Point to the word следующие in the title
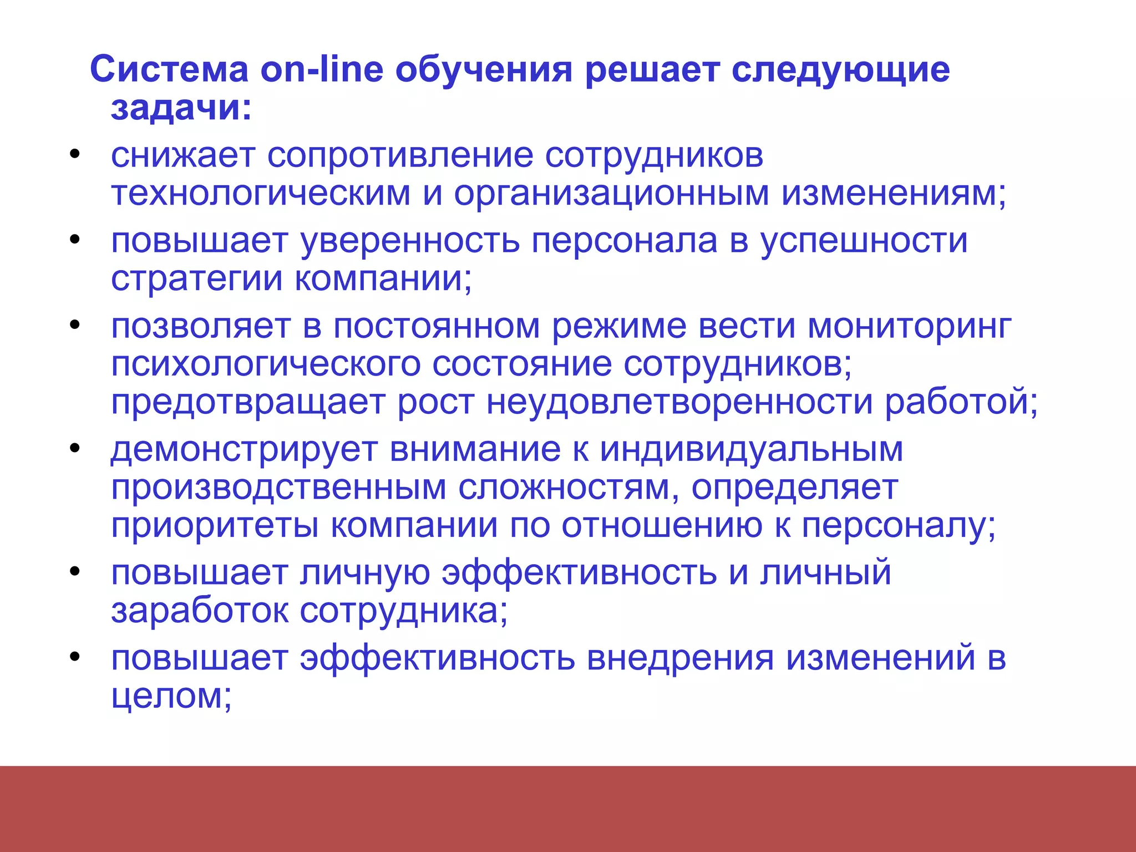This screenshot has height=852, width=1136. point(840,70)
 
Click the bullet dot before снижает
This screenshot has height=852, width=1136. point(75,155)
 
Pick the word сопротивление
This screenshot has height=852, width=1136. point(399,156)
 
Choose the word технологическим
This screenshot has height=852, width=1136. point(261,194)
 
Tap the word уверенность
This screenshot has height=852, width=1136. point(410,241)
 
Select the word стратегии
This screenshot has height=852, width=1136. point(197,278)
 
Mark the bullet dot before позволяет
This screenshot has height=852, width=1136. point(75,325)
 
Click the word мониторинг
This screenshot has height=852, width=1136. point(910,327)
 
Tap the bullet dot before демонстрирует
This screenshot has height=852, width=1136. point(75,448)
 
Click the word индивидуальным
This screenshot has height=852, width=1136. point(752,450)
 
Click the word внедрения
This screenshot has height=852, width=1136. point(680,658)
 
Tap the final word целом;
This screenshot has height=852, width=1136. point(171,696)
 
